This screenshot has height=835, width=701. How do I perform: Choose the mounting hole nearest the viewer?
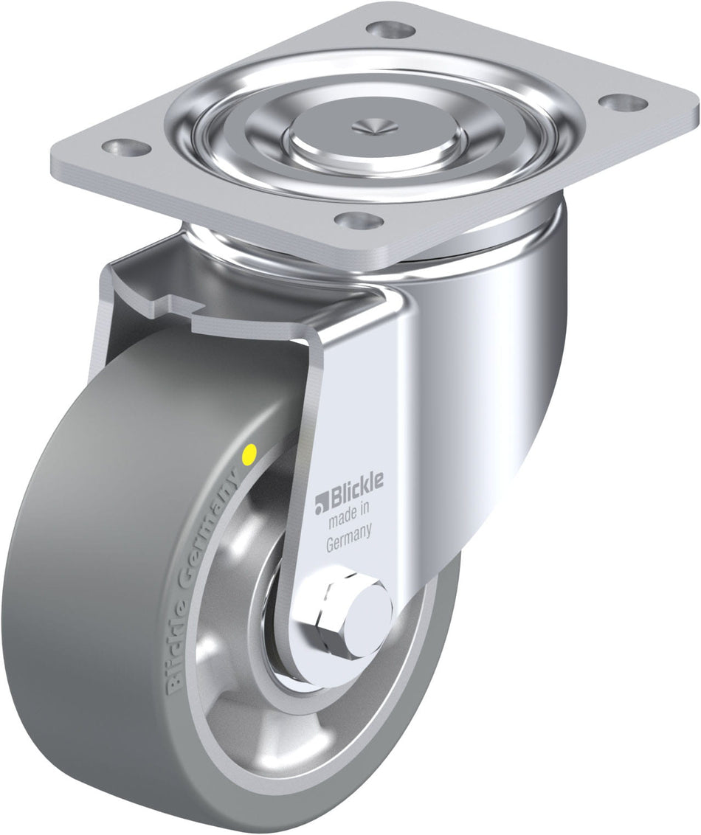359,219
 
